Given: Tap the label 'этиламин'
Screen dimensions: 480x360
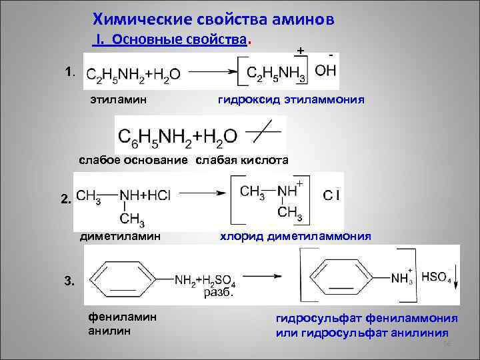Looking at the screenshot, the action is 113,101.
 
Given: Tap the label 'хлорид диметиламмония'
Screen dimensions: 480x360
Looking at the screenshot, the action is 292,236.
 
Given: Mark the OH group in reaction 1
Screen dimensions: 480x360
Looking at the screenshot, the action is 325,70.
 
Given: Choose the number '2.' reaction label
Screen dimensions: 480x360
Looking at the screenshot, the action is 66,199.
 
